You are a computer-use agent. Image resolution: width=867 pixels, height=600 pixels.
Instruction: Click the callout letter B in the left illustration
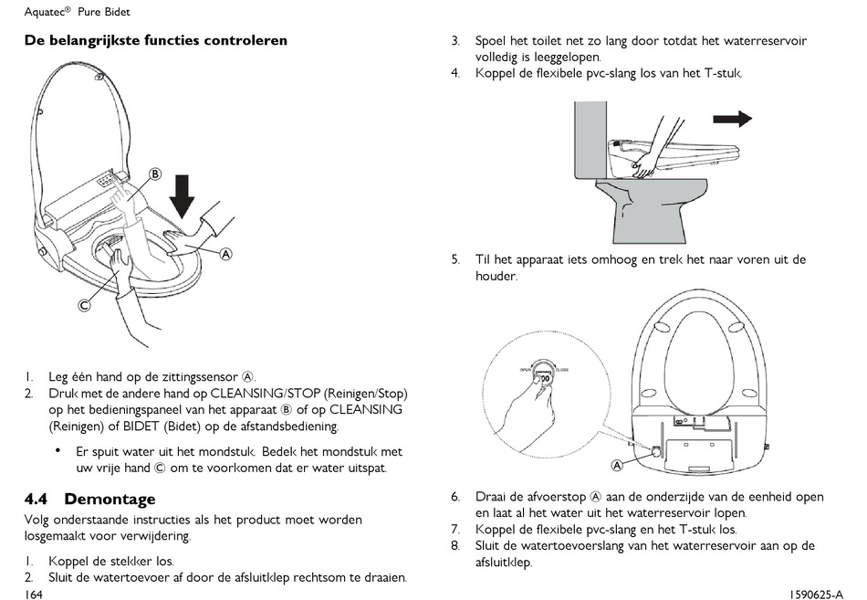[155, 174]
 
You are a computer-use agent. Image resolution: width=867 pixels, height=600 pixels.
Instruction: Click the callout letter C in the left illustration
[84, 306]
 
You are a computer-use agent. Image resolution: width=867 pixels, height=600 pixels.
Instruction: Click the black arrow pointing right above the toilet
[732, 118]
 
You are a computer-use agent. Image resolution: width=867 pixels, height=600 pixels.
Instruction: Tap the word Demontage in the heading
[110, 500]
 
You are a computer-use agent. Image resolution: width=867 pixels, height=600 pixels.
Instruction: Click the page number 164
[35, 594]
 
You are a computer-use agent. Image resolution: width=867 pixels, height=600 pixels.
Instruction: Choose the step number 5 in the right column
[454, 259]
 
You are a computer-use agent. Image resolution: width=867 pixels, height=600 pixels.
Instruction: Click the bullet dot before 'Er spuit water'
[57, 450]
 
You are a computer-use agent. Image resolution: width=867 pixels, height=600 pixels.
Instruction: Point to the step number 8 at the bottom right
[454, 546]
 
